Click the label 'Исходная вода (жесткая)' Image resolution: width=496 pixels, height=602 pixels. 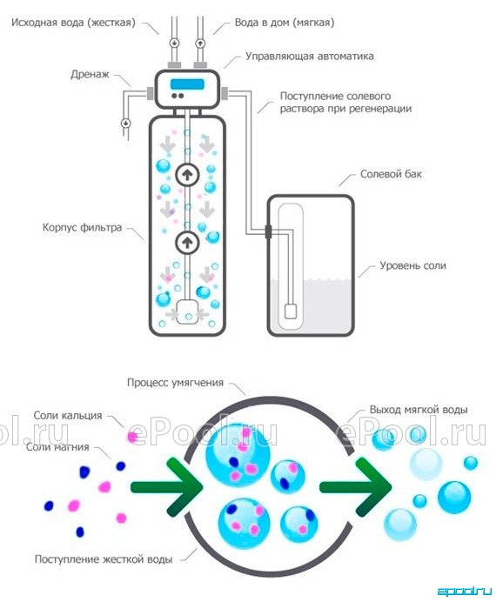[73, 23]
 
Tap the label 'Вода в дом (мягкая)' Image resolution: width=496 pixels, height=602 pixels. [284, 23]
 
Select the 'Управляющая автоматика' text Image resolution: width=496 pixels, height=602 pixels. [310, 56]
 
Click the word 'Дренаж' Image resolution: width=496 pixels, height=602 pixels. [90, 74]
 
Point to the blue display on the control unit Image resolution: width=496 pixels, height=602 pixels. [187, 84]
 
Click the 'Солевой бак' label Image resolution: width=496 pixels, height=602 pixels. [391, 174]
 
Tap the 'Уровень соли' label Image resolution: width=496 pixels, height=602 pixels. [412, 265]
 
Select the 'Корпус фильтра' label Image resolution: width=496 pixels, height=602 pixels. [82, 227]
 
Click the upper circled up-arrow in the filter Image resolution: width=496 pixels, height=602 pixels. [187, 175]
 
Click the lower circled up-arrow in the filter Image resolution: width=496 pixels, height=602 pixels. [187, 242]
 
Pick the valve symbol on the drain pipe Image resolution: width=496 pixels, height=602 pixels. [125, 124]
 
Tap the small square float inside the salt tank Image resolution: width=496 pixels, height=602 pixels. [291, 311]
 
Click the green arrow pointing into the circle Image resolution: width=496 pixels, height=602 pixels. [166, 487]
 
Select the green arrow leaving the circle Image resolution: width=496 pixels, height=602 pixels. [356, 487]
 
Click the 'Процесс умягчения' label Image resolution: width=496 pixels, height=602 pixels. [175, 383]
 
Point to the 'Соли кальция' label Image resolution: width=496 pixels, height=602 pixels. [68, 416]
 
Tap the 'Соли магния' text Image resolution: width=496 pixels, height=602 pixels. [57, 447]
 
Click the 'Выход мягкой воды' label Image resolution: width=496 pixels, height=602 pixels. [419, 410]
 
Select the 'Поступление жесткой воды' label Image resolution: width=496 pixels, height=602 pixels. [104, 559]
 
